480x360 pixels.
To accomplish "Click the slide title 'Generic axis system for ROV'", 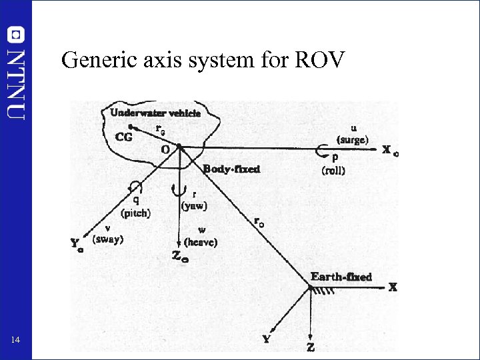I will pos(203,61).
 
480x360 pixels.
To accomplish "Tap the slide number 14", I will pos(16,341).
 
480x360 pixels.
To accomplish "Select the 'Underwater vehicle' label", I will pos(155,113).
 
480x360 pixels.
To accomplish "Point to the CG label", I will pos(124,137).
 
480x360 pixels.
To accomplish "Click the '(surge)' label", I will pos(352,140).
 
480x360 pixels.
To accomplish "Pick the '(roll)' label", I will pos(333,171).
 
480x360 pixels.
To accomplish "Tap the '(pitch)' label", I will pos(136,214).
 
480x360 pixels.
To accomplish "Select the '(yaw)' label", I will pos(194,206).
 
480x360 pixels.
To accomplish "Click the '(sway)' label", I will pos(108,239).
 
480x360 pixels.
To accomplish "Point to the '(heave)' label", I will pos(201,243).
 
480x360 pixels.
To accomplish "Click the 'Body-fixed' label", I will pos(231,169).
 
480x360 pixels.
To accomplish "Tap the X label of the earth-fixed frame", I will pos(393,287).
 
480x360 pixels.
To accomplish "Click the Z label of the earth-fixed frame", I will pos(311,347).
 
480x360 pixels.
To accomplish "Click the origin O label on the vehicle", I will pos(165,150).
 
